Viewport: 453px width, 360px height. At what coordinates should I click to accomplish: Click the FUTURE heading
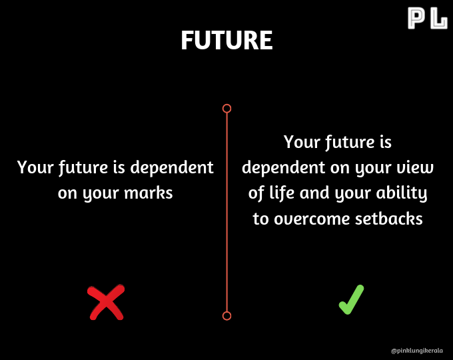[226, 40]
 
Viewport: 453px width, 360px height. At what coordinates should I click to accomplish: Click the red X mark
[106, 302]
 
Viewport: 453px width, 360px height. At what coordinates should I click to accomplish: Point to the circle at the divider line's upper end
[226, 109]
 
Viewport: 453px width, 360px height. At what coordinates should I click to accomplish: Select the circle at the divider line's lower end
[226, 316]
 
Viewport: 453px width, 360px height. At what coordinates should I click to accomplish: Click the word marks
[148, 193]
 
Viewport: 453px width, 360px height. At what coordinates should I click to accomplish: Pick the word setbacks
[389, 219]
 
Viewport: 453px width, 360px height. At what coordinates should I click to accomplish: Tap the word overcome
[312, 219]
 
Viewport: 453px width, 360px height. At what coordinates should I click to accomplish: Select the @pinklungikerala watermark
[416, 351]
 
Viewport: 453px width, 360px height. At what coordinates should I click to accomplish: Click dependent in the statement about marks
[172, 167]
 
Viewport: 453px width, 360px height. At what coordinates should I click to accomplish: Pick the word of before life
[256, 193]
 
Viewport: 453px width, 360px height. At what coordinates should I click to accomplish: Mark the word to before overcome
[260, 219]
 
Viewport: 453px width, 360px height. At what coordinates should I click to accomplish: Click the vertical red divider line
[226, 212]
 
